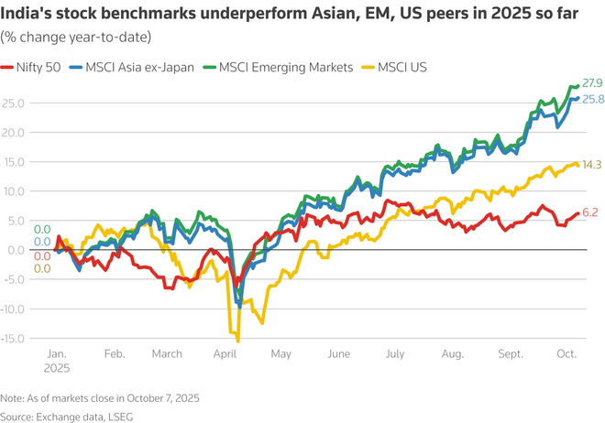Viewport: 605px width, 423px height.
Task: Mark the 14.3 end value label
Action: coord(591,165)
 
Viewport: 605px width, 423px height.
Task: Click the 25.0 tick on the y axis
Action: coord(14,103)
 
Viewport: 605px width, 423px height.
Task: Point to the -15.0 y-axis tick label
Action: coord(14,339)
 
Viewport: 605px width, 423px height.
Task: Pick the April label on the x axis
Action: coord(225,352)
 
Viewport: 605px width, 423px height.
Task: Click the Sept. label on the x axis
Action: coord(511,352)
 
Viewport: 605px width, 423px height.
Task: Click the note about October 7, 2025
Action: coord(99,398)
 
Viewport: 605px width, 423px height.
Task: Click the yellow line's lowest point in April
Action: coord(238,341)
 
